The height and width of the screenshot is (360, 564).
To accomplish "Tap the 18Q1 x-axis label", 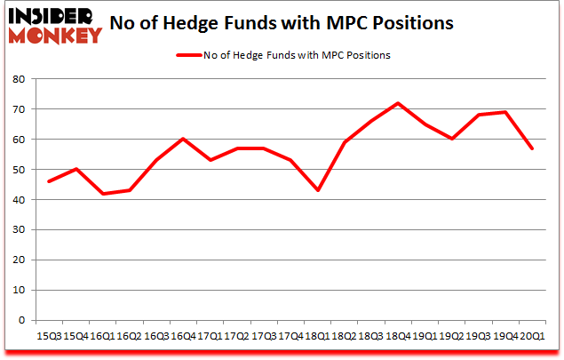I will click(x=317, y=335).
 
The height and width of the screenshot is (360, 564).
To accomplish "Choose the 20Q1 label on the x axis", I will click(x=532, y=335).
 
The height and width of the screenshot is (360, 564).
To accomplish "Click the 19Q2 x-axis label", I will click(x=451, y=335).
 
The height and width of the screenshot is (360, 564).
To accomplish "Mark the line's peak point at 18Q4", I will click(x=398, y=103).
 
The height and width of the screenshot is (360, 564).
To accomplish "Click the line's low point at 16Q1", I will click(x=102, y=194).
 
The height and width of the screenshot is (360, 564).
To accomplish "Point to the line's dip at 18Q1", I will click(x=317, y=190).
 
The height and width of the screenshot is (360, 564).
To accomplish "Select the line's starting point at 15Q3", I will click(x=49, y=181).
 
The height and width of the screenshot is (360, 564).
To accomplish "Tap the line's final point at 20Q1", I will click(x=532, y=148).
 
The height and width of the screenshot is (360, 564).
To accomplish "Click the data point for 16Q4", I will click(x=183, y=139).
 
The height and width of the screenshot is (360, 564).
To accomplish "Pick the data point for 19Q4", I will click(x=505, y=112).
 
